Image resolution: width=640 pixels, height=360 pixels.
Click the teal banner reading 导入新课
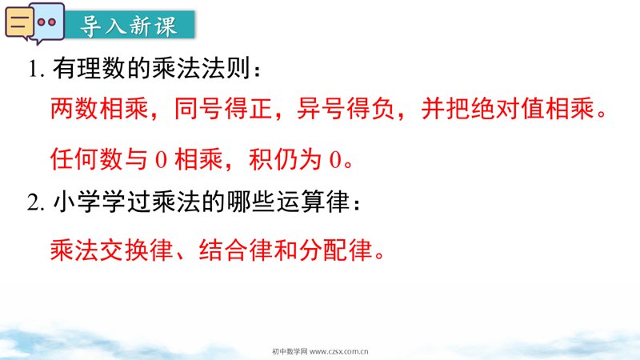(130, 25)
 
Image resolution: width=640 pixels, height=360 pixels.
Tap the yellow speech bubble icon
(18, 23)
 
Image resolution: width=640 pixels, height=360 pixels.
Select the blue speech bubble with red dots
(48, 22)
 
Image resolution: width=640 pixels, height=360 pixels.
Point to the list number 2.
(35, 202)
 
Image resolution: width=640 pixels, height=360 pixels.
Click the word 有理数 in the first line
(89, 68)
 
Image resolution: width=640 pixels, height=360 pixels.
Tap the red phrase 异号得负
(346, 109)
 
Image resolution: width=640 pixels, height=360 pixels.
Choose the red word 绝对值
(508, 109)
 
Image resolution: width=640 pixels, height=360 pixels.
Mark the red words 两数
(75, 109)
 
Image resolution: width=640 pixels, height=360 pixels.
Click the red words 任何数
(87, 159)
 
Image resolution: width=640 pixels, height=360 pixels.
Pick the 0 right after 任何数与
(162, 159)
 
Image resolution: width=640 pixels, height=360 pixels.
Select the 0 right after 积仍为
(335, 159)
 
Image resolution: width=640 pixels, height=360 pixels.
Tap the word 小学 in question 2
(78, 202)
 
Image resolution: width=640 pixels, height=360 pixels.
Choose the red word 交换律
(137, 250)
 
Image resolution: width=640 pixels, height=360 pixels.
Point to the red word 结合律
(236, 250)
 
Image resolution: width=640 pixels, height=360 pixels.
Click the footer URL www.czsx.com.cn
(339, 351)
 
